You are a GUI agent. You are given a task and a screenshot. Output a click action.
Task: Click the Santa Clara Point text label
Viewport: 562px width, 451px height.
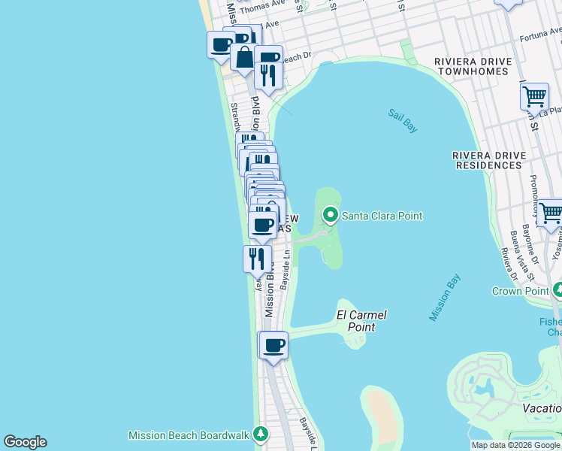click(382, 216)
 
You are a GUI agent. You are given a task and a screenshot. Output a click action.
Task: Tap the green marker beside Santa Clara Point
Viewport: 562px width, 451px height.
click(330, 216)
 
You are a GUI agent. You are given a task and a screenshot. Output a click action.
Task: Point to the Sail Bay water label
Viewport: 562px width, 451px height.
click(403, 121)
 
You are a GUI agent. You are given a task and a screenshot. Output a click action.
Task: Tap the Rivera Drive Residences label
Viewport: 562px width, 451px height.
click(488, 160)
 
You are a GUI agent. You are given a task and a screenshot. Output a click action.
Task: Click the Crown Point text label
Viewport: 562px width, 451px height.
click(518, 291)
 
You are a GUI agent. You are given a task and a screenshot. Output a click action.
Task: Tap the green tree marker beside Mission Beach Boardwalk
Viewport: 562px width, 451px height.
click(261, 434)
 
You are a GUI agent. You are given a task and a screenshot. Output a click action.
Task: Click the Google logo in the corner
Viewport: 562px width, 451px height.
click(25, 442)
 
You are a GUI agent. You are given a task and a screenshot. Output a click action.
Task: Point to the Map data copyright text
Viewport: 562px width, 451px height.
click(515, 446)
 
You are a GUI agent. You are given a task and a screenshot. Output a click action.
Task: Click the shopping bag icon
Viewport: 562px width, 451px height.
click(245, 57)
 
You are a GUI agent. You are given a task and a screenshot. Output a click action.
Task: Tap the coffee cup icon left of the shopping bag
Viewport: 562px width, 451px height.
click(221, 44)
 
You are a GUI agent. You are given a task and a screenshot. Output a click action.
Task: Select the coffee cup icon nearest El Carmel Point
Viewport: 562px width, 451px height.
click(273, 346)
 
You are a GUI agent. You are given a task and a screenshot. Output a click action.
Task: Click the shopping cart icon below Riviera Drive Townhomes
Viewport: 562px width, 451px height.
click(533, 96)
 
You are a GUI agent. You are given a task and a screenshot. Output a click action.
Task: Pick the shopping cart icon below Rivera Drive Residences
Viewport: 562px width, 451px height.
click(551, 213)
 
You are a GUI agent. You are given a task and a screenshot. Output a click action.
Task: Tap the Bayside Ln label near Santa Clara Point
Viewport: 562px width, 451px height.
click(286, 271)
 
